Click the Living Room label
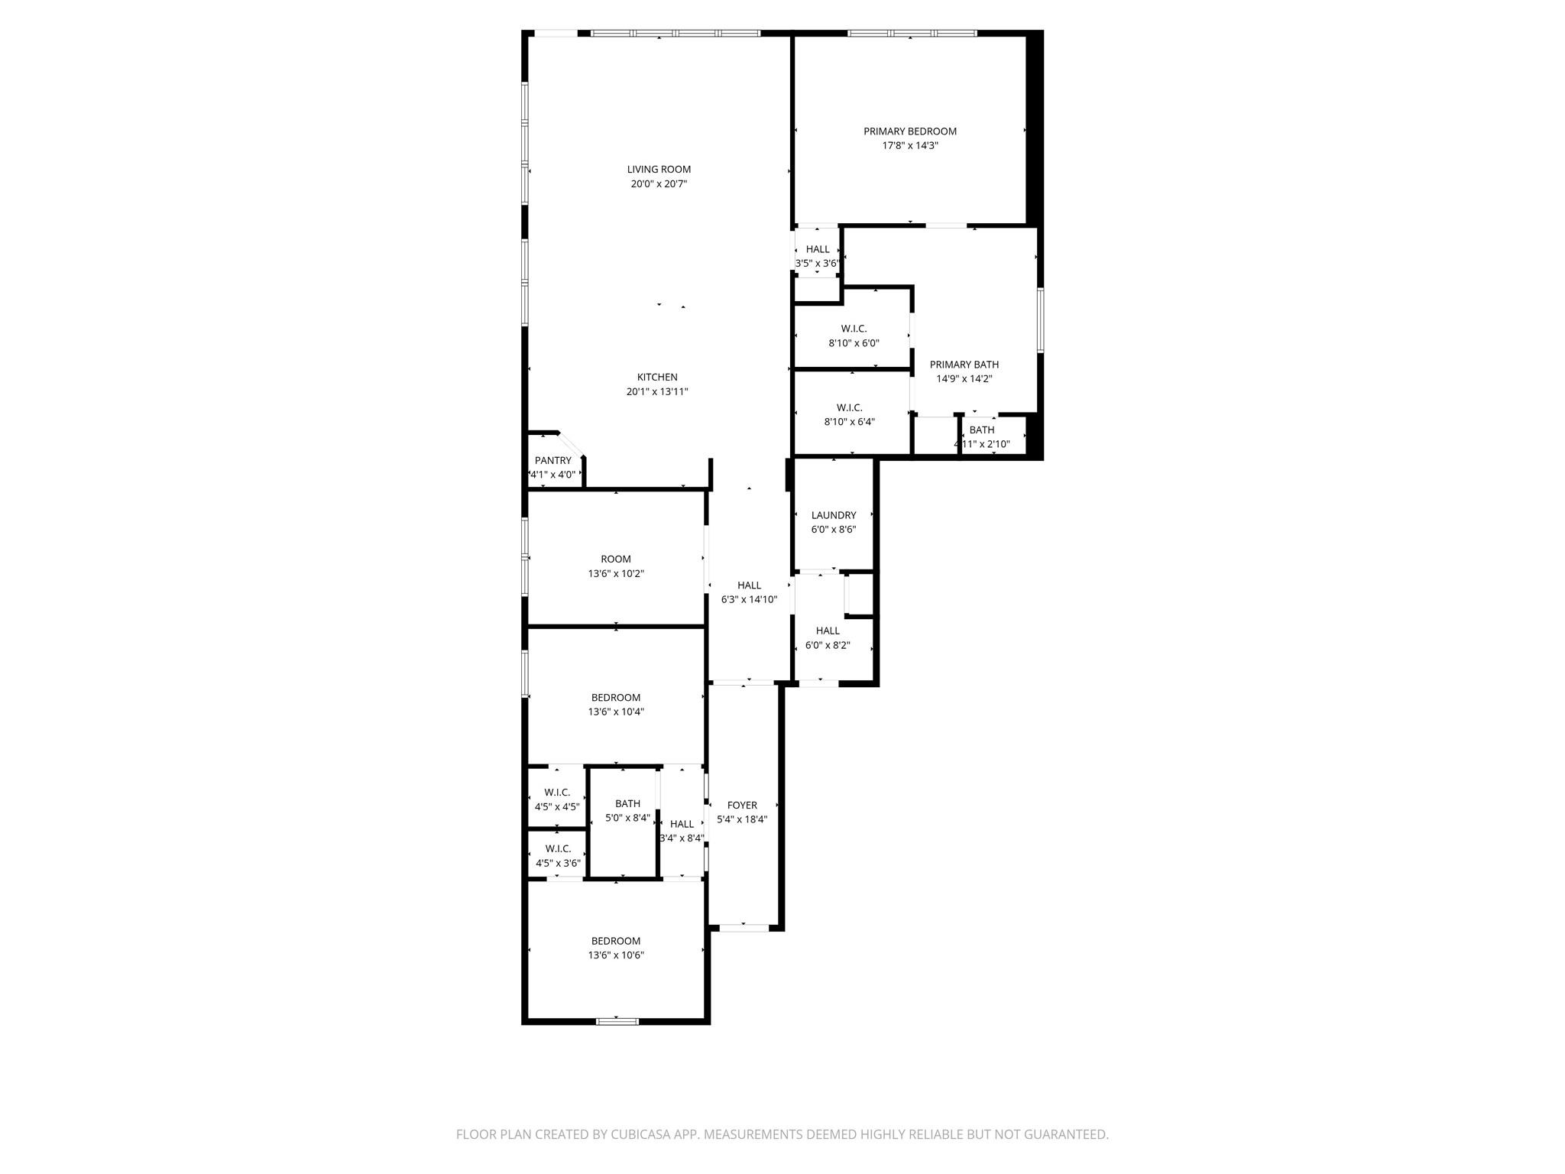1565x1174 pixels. click(659, 170)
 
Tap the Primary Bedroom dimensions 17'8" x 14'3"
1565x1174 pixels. click(909, 145)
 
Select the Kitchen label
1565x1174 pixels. click(657, 377)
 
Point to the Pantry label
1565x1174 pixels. click(552, 460)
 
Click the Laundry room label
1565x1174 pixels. click(833, 515)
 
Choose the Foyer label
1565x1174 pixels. click(741, 805)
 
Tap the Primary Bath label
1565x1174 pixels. click(964, 365)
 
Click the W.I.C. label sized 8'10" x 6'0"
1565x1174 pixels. click(854, 329)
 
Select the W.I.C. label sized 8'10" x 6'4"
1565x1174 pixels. click(849, 407)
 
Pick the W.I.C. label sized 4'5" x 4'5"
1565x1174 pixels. click(557, 792)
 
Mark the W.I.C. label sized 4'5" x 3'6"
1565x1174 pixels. click(558, 848)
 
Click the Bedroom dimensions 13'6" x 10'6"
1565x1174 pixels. click(615, 955)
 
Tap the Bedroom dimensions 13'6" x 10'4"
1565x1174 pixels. click(615, 712)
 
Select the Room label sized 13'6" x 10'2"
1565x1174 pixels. click(615, 559)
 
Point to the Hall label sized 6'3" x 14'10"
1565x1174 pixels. click(749, 585)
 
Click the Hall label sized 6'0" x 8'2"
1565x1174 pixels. click(827, 631)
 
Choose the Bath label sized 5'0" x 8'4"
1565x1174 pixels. click(627, 803)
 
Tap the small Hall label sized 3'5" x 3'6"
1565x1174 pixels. click(817, 249)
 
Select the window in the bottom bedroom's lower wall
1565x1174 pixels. click(617, 1020)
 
